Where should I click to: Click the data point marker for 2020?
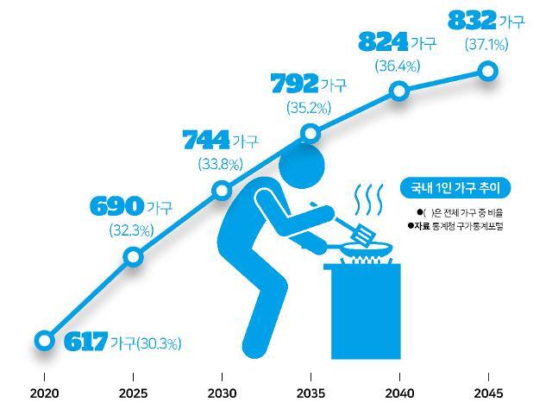coord(44,341)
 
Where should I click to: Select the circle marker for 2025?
coord(134,257)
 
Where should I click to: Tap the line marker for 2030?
coord(223,191)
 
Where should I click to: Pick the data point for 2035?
coord(310,134)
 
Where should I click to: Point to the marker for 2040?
coord(399,91)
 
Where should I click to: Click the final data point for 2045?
coord(488,71)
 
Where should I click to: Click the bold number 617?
coord(85,342)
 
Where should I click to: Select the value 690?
coord(117,206)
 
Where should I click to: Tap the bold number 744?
coord(206,140)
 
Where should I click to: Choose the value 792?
coord(294,84)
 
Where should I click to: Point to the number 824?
coord(383,41)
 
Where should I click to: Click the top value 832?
coord(472,21)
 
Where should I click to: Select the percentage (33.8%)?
coord(221,164)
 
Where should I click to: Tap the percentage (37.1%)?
coord(486,45)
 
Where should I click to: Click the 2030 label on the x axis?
coord(222,393)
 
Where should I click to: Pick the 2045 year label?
coord(488,393)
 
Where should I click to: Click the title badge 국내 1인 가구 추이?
coord(455,188)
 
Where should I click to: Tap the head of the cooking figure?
coord(301,166)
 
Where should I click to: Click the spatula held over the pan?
coord(356,230)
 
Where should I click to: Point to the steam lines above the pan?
coord(368,199)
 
